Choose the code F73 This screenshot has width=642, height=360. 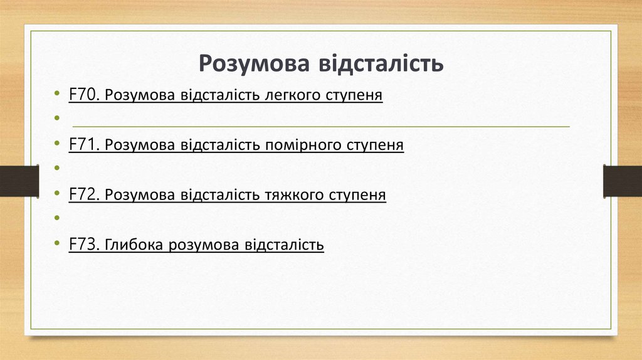tap(84, 244)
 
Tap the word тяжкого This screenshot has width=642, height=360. tap(293, 195)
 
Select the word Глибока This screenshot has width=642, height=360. tap(134, 245)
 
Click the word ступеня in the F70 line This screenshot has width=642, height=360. tap(354, 96)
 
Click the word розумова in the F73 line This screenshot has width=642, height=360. tap(203, 245)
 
